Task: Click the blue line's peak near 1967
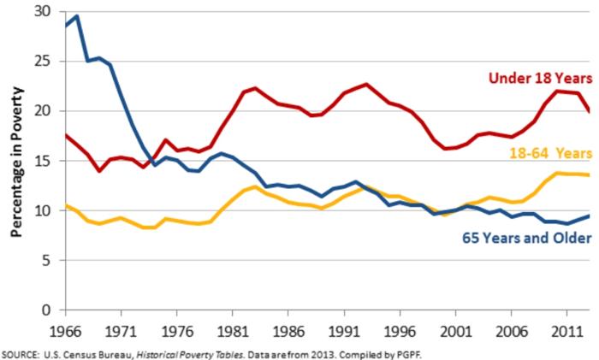click(77, 15)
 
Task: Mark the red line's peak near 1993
click(366, 84)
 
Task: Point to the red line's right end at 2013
click(588, 111)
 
